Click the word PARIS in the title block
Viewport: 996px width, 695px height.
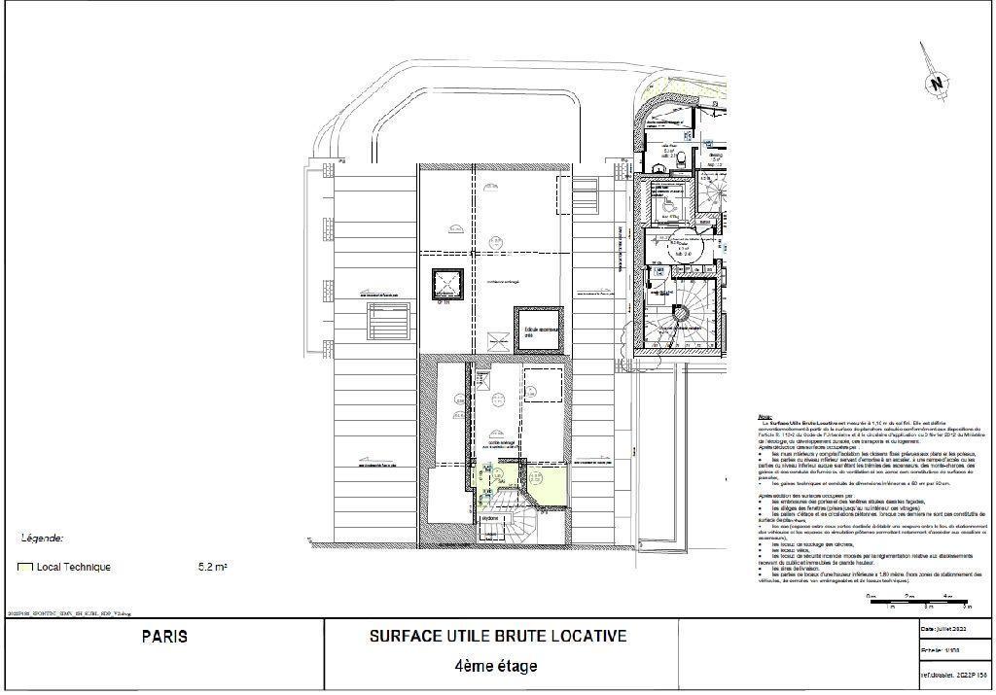coord(164,638)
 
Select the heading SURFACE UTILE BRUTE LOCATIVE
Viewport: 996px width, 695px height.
coord(497,637)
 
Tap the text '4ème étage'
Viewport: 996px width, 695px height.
coord(495,667)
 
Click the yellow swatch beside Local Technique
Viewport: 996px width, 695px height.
coord(24,567)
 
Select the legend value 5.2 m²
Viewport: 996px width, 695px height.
coord(212,567)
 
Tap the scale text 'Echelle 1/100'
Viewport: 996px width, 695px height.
coord(940,650)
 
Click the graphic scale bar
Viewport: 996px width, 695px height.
coord(918,602)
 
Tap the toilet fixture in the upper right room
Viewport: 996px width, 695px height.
coord(684,156)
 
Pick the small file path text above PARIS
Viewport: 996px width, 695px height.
coord(68,614)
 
